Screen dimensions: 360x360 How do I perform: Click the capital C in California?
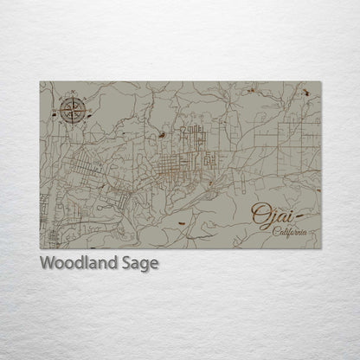pyautogui.click(x=274, y=231)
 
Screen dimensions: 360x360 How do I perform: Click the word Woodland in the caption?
pyautogui.click(x=78, y=263)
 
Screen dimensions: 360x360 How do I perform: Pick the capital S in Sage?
pyautogui.click(x=125, y=263)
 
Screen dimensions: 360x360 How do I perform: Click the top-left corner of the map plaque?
pyautogui.click(x=41, y=82)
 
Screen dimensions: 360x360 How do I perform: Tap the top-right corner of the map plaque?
pyautogui.click(x=320, y=82)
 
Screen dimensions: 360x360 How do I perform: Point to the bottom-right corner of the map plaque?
pyautogui.click(x=320, y=248)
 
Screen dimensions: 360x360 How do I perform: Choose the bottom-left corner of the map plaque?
pyautogui.click(x=41, y=248)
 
